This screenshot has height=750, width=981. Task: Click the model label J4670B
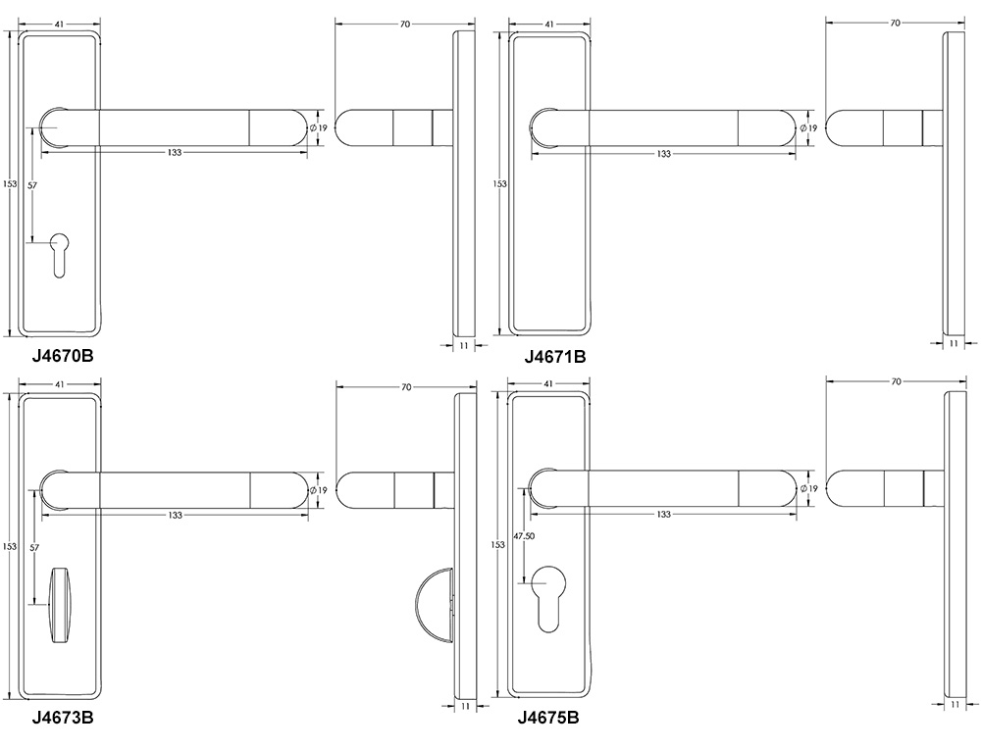pos(63,356)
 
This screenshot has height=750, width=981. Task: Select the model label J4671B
pos(555,357)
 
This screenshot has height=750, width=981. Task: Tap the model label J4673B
pos(63,718)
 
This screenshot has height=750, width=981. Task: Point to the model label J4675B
pos(548,718)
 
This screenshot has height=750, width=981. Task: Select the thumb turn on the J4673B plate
pos(60,605)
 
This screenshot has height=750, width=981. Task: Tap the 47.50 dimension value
pos(524,536)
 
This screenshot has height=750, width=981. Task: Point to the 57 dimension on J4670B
pos(32,185)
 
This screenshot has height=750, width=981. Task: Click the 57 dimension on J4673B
pos(34,547)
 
